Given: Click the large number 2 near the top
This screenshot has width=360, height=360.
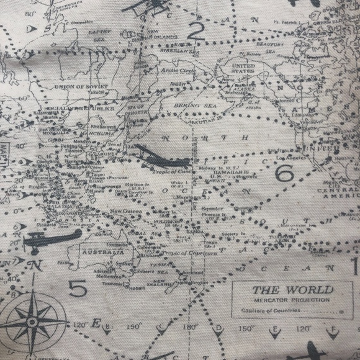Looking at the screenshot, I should tap(197, 29).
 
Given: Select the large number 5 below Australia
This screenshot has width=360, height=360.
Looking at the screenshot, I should tap(77, 288).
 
